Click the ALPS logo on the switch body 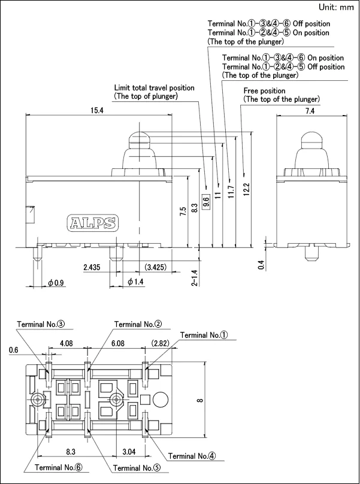point(92,223)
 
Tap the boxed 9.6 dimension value point(206,202)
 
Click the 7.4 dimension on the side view point(310,111)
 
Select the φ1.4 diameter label point(135,282)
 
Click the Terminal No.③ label point(41,324)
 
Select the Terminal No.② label point(138,324)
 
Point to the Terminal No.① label point(204,335)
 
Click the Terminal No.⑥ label point(59,467)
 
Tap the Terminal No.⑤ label point(137,467)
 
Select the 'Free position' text point(264,90)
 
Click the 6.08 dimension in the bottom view point(116,344)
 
